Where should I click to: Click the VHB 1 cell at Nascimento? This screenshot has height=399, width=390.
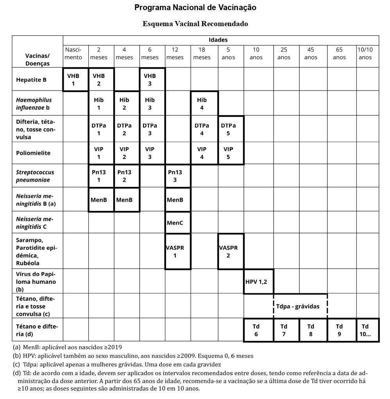76,80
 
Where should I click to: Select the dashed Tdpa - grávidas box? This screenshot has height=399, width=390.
300,306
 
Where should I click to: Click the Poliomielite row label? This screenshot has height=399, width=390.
33,153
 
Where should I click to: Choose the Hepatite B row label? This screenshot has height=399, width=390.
31,80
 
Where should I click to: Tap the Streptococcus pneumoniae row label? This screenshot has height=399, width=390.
35,176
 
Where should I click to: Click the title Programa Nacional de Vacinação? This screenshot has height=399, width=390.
195,7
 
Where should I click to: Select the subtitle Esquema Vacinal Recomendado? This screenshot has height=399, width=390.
195,24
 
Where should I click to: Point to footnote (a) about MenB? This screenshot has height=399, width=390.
70,347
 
